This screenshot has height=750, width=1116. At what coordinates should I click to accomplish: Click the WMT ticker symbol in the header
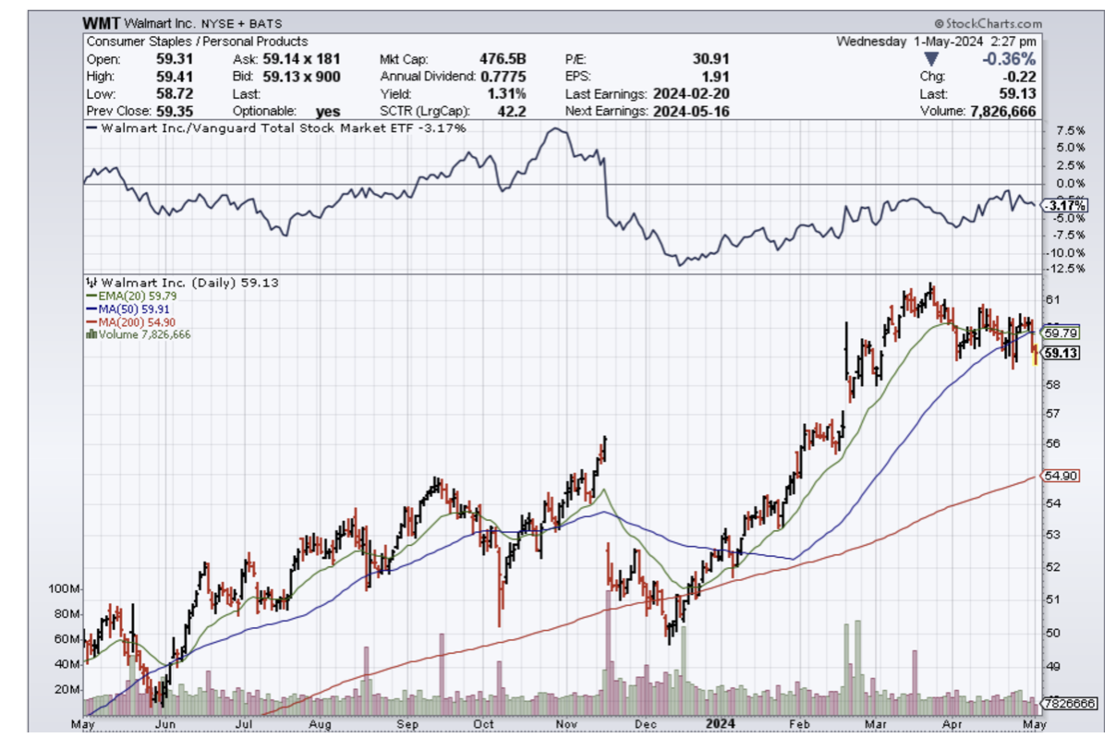click(x=102, y=23)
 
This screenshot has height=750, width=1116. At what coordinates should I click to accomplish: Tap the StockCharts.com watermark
click(x=987, y=24)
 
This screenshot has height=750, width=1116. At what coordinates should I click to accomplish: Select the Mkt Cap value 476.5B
click(x=502, y=58)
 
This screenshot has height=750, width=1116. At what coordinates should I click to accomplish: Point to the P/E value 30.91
click(x=710, y=58)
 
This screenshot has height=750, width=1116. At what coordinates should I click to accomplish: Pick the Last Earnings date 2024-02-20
click(x=691, y=93)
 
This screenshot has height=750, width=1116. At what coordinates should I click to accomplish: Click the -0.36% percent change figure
click(x=1013, y=58)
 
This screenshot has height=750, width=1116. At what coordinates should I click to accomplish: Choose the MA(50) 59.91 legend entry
click(x=128, y=308)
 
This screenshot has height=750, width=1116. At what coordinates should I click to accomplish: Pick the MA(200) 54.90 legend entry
click(x=130, y=321)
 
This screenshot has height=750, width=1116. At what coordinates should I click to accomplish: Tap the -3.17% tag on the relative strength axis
click(x=1063, y=205)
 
